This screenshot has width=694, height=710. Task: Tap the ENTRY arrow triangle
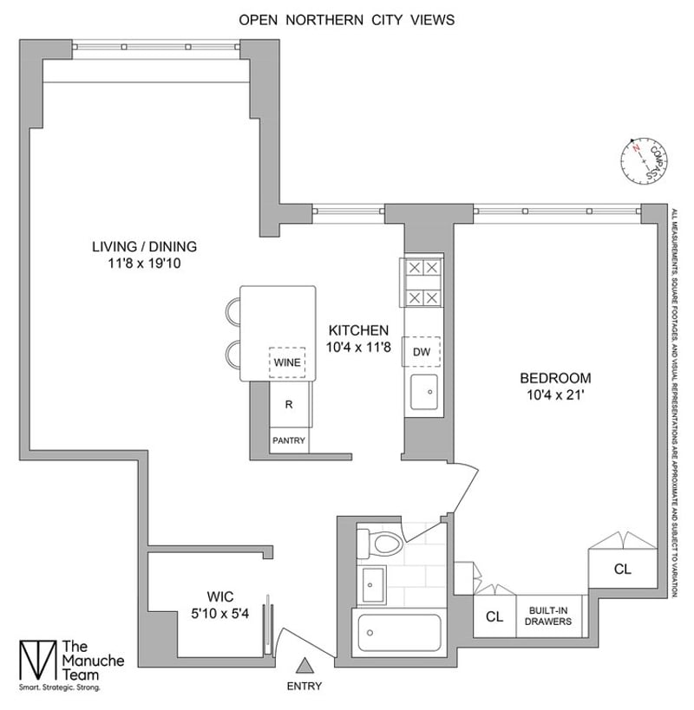304,666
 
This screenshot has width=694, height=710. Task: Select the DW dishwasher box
422,351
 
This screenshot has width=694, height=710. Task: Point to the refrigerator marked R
288,405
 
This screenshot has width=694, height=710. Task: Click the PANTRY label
288,440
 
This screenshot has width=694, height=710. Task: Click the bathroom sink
373,584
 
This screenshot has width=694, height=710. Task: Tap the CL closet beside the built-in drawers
494,617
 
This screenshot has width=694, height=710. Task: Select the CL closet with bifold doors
622,570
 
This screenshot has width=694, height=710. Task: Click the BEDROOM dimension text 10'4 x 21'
555,395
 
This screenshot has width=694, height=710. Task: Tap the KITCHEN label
357,329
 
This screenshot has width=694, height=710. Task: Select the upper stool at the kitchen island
232,311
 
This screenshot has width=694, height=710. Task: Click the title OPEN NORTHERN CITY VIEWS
347,19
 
